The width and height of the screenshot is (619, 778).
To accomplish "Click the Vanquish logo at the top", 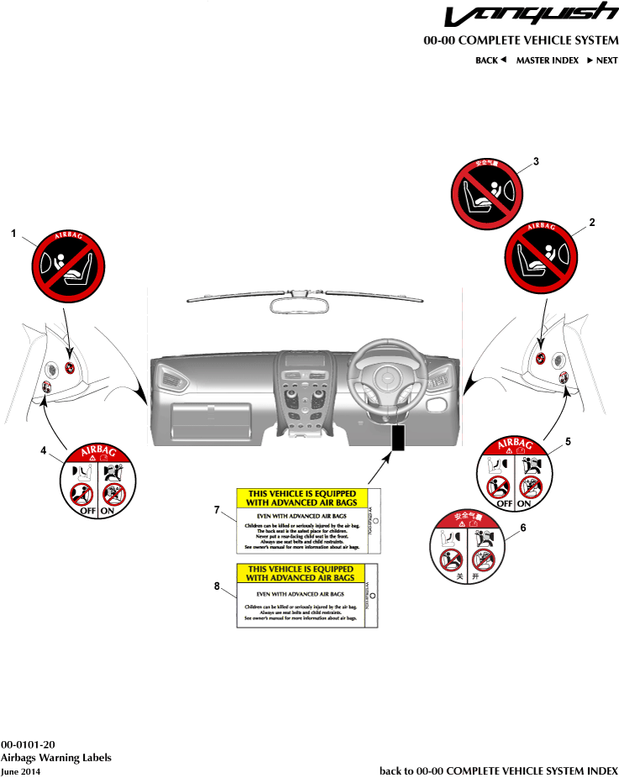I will click(x=532, y=15).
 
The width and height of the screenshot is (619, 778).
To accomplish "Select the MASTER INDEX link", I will click(x=547, y=60).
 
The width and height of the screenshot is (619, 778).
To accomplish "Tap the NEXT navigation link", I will click(x=602, y=60).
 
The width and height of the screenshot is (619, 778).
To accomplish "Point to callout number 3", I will click(x=536, y=161).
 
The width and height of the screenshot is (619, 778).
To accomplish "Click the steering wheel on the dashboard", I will click(x=386, y=375).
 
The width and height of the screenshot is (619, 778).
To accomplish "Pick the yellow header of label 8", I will click(x=301, y=574).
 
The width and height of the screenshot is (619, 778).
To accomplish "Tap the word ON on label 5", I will click(x=524, y=503).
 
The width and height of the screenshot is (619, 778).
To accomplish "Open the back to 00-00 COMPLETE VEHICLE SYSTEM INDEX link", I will click(x=498, y=770).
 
